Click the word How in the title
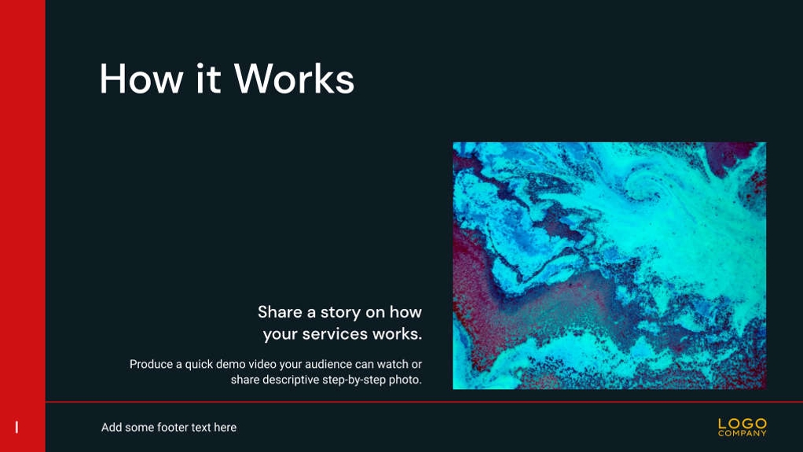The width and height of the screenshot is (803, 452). (141, 79)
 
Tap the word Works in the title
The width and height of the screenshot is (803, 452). (294, 79)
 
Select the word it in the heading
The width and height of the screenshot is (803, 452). (208, 79)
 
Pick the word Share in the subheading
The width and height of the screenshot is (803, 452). (280, 312)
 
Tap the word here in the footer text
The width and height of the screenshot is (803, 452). (225, 428)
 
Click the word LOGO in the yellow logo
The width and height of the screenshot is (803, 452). (742, 424)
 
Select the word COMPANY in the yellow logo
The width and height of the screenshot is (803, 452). (742, 434)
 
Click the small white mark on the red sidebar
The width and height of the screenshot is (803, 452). (17, 428)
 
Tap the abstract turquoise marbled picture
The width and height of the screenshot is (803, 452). (610, 266)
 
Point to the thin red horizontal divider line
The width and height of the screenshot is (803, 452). (424, 402)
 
